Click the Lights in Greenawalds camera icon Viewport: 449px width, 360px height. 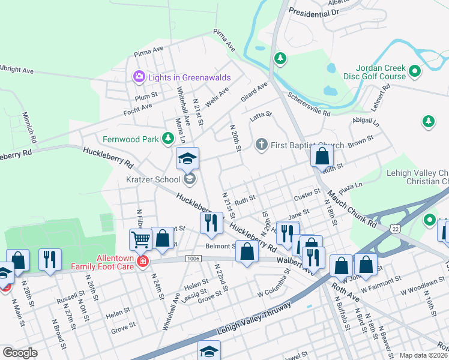coord(139,76)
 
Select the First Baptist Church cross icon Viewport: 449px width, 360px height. coord(261,145)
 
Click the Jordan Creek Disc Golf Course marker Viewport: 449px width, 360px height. coord(415,73)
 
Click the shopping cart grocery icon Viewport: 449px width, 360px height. coord(141,239)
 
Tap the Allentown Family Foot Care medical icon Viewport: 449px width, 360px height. coord(143,262)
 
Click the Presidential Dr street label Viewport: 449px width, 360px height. coord(314,11)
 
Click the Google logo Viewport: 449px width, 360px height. coord(20,353)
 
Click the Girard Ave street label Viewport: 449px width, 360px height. coord(254,92)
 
